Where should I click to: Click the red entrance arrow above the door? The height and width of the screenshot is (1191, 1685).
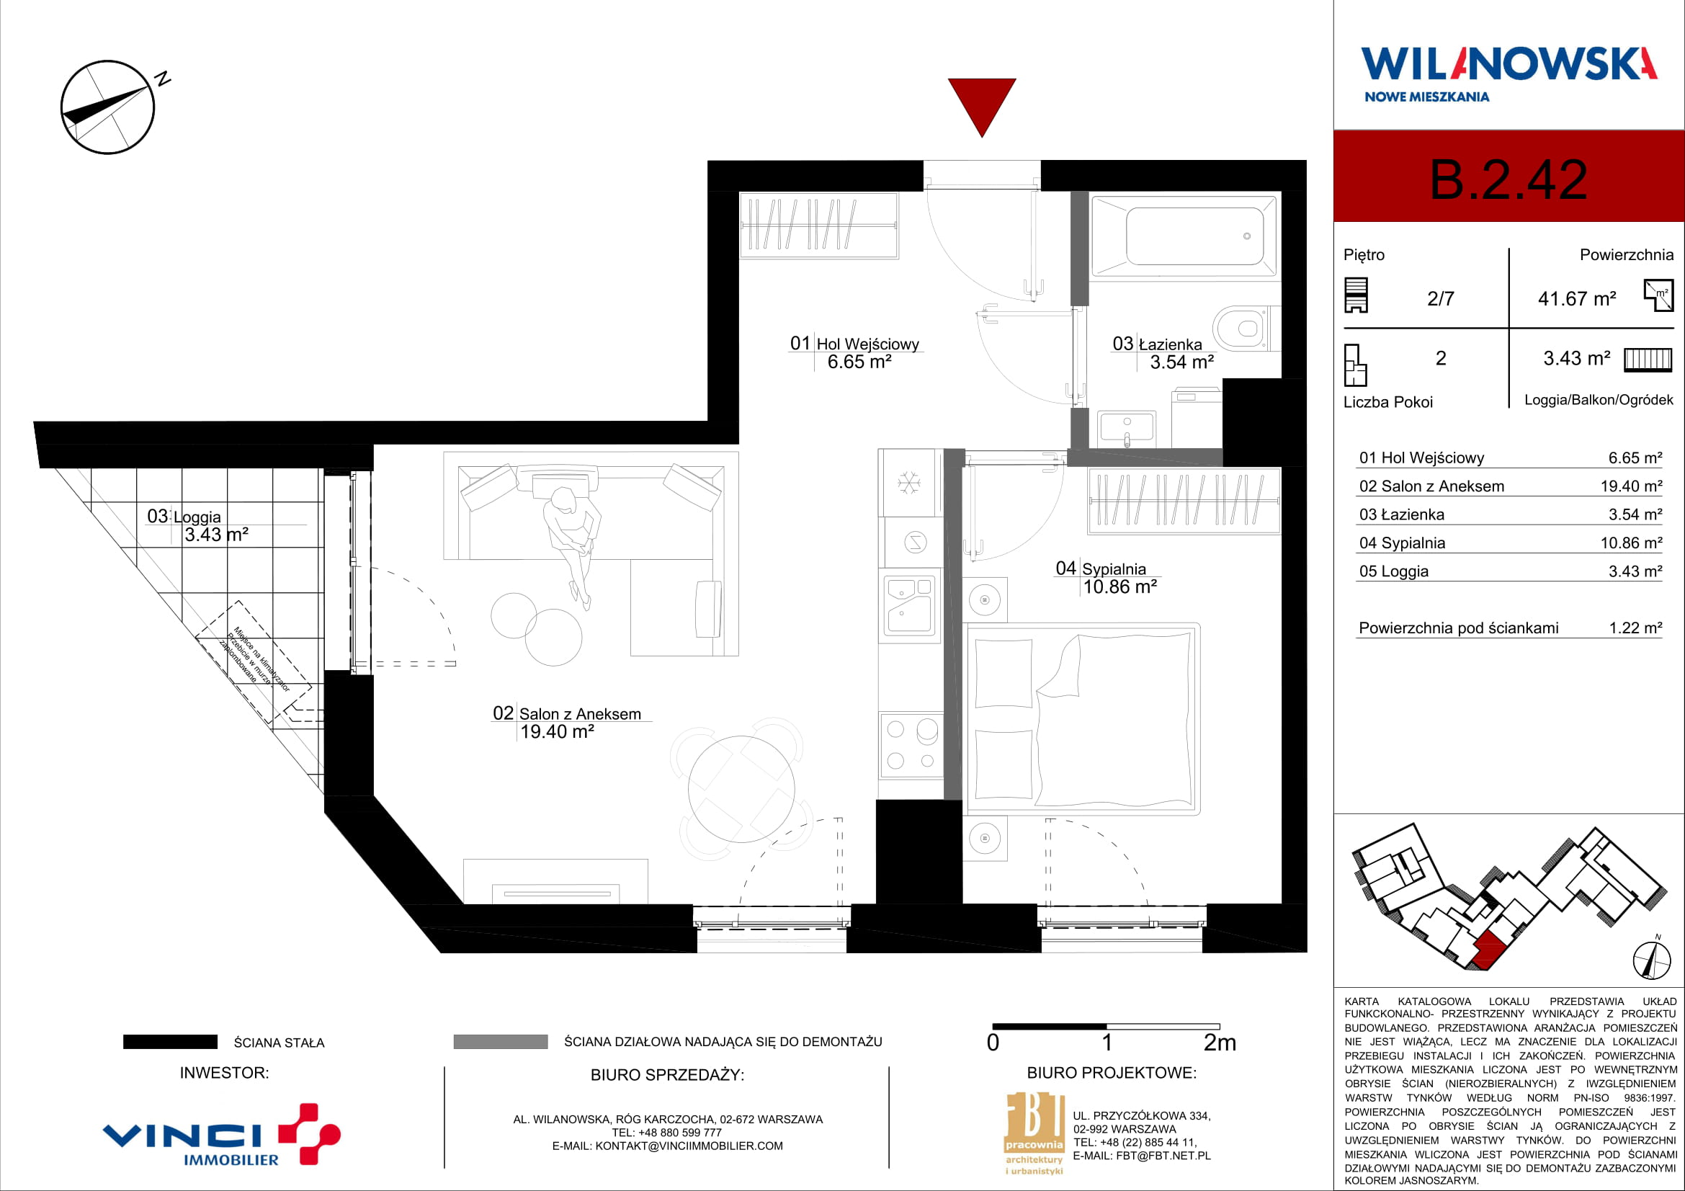[981, 103]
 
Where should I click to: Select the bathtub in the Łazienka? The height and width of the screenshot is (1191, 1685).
[1183, 236]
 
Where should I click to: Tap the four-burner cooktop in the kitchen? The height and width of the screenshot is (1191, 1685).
[911, 745]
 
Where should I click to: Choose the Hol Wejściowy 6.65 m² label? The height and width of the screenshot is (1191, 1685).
[855, 352]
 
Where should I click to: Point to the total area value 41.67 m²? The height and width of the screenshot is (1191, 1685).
[1577, 299]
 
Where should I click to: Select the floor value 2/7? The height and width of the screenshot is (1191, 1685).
[1441, 299]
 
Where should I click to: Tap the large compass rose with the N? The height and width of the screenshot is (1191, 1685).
[109, 107]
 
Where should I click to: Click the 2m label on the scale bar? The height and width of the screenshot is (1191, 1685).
[1220, 1043]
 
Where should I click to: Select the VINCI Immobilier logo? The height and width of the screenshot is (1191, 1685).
[221, 1135]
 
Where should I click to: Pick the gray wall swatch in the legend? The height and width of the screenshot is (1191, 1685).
[501, 1041]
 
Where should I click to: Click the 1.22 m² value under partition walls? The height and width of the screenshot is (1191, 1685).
[1635, 628]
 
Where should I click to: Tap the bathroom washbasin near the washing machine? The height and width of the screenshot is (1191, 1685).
[1127, 429]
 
